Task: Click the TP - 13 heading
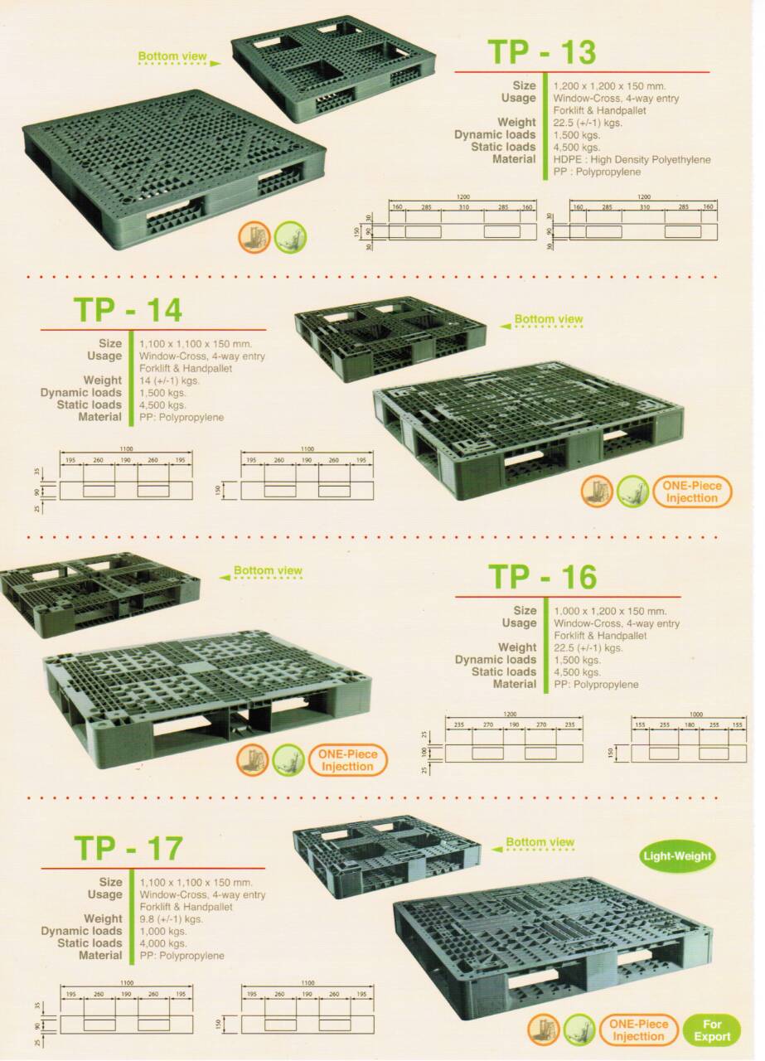(x=542, y=51)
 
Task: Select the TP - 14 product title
(x=128, y=309)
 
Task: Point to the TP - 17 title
(x=128, y=848)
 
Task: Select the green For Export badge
(x=711, y=1030)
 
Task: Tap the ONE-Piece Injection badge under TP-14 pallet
(x=692, y=492)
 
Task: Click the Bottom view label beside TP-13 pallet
(x=172, y=57)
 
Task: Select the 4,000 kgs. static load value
(x=163, y=943)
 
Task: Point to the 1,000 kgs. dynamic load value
(x=163, y=931)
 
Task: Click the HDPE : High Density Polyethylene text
(x=632, y=159)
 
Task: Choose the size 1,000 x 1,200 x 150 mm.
(x=610, y=611)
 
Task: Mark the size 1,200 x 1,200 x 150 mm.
(x=609, y=85)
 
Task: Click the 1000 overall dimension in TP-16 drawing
(x=688, y=713)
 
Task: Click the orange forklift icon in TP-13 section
(x=253, y=236)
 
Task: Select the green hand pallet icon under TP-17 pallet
(x=579, y=1030)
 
